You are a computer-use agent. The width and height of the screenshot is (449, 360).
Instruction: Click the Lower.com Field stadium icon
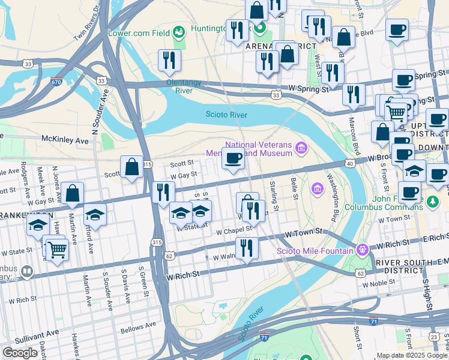[x=178, y=32]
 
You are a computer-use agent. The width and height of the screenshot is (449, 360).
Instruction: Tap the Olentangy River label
[x=179, y=86]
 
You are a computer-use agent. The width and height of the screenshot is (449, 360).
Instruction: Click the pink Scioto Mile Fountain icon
[x=361, y=250]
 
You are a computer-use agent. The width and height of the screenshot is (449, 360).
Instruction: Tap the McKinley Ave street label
[x=64, y=140]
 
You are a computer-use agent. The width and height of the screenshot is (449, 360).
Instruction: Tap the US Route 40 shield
[x=349, y=163]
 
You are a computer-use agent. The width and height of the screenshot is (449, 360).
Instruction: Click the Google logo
[x=20, y=353]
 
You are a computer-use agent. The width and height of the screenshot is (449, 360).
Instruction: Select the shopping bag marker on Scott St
[x=131, y=169]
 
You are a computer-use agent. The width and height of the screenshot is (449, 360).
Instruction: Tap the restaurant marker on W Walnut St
[x=247, y=248]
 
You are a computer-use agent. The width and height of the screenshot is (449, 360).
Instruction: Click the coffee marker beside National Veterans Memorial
[x=234, y=160]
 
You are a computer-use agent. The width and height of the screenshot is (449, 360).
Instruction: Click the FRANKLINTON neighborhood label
[x=18, y=215]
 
